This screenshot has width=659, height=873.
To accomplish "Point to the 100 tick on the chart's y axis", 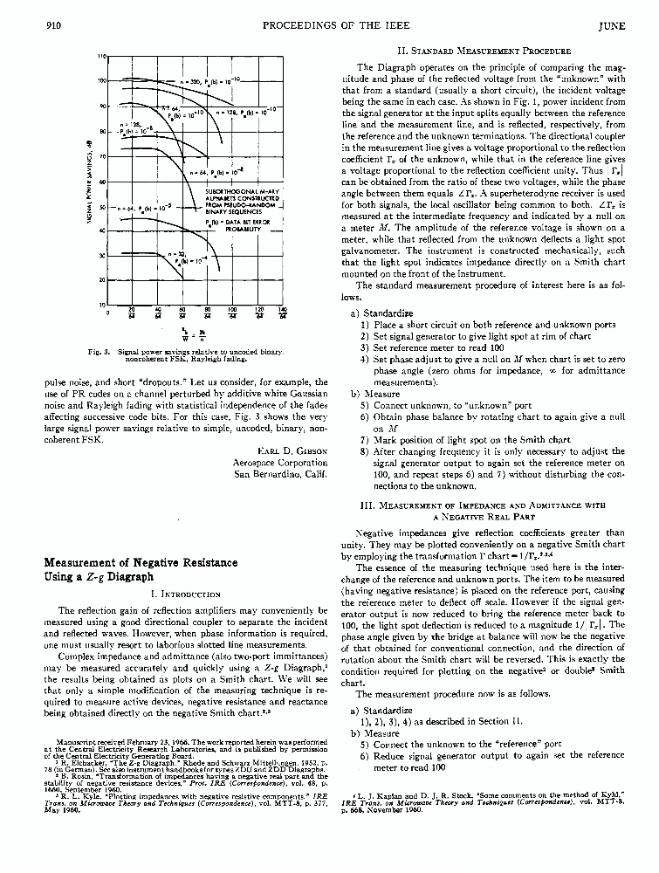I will point(101,80).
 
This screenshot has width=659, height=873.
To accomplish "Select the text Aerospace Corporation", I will point(280,463).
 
